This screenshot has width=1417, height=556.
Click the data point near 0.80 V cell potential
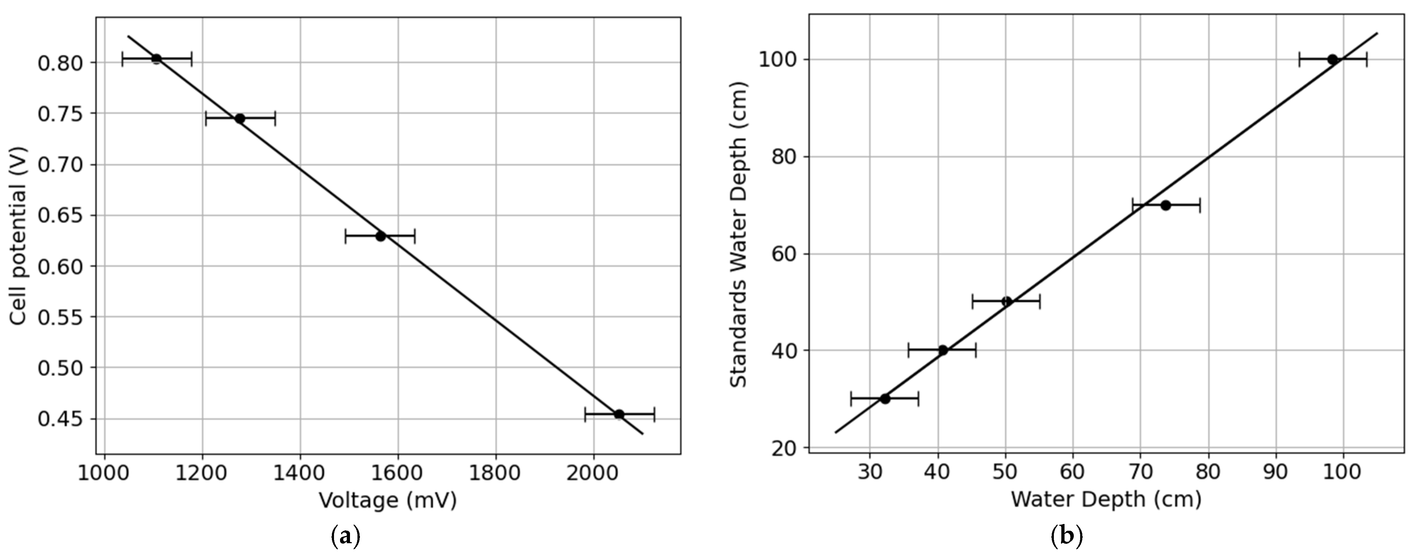(156, 58)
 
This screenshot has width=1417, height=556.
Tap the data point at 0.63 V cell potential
(380, 236)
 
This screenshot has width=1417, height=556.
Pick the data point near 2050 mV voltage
(619, 414)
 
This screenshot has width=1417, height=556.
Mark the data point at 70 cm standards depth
(1166, 205)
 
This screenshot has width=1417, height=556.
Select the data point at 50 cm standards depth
(1007, 302)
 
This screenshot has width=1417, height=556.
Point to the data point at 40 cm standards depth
(942, 350)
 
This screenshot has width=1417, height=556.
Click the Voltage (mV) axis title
(388, 501)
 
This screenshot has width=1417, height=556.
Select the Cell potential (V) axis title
(19, 235)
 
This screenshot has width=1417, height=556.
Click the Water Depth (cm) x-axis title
(1106, 499)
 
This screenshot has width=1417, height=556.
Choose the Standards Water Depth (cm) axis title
(739, 234)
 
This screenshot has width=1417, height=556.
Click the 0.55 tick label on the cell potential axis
(60, 317)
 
